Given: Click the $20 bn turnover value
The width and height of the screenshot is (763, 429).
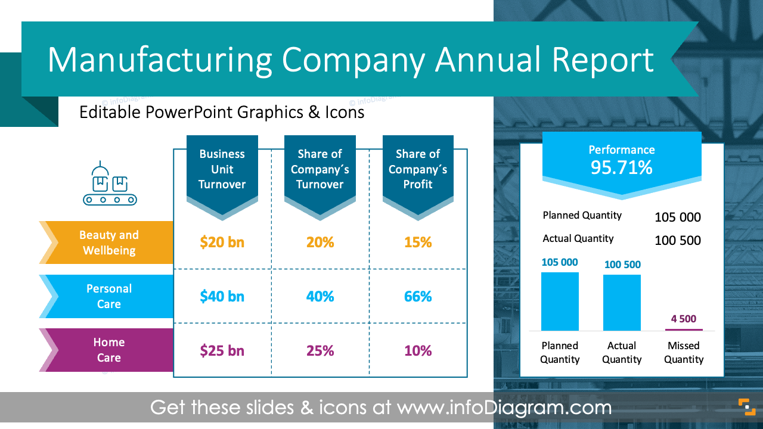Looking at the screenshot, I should (x=222, y=243).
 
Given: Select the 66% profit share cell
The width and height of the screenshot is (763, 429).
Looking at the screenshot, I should (x=417, y=296).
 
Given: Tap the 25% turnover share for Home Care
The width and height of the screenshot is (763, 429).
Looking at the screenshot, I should (x=320, y=351).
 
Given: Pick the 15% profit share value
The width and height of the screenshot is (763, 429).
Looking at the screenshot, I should (x=417, y=243).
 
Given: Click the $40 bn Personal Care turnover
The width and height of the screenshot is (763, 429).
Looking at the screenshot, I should (x=222, y=296).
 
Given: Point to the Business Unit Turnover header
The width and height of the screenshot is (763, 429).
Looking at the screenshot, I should (x=222, y=169).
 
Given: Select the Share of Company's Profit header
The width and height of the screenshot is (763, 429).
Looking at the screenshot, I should (x=417, y=169).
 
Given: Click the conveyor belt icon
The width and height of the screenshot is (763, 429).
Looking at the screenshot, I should (x=110, y=184).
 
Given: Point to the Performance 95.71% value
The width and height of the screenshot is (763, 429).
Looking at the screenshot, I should (x=621, y=168).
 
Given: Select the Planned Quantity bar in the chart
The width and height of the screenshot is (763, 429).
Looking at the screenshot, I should (x=560, y=301).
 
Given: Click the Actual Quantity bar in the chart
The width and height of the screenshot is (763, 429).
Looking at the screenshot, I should (x=622, y=303).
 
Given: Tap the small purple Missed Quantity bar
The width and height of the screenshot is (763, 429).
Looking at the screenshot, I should (x=684, y=329).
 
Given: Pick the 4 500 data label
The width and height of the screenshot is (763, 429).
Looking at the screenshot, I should (x=683, y=319).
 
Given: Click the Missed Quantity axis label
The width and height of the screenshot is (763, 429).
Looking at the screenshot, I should (x=684, y=352).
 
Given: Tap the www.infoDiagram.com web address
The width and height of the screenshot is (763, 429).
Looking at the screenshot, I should (x=504, y=408).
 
